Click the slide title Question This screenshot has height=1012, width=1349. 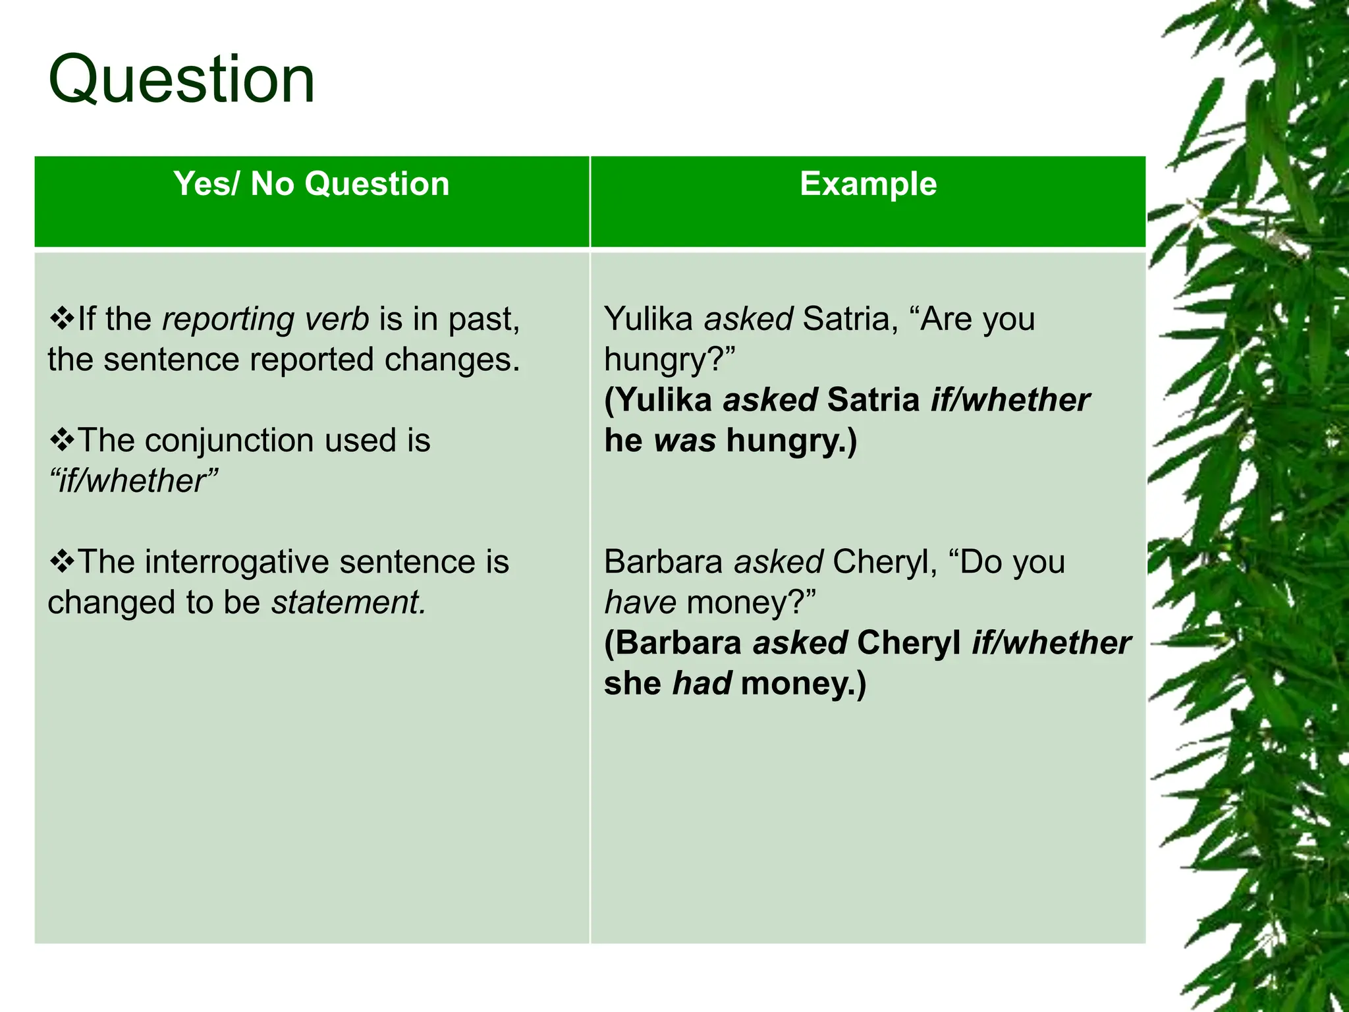point(182,80)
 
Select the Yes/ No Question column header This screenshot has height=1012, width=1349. point(312,184)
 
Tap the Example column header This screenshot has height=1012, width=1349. point(867,184)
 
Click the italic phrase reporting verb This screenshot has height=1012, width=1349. point(265,320)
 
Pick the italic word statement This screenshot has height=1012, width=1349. point(348,603)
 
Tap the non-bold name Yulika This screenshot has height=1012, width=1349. point(648,320)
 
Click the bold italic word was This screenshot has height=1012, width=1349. point(685,441)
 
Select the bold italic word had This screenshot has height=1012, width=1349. point(702,683)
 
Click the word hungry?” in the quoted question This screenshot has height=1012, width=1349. point(669,360)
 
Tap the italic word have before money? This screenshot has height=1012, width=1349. point(640,603)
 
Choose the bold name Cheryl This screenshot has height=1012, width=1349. point(909,643)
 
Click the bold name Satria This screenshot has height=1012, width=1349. point(873,401)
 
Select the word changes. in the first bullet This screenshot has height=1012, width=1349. point(452,360)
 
